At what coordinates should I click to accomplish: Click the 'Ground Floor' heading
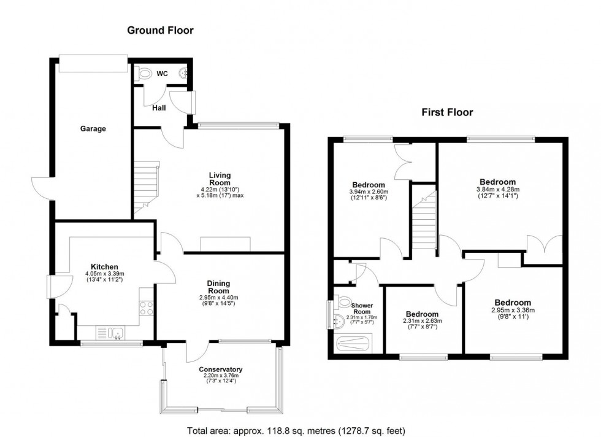(x=160, y=29)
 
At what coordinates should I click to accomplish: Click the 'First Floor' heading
(x=447, y=112)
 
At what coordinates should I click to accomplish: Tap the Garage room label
(x=93, y=129)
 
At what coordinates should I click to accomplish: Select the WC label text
(x=162, y=74)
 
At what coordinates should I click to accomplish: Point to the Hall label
(x=159, y=108)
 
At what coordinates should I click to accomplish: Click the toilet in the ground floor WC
(x=145, y=74)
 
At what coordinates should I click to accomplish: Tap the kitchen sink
(x=116, y=333)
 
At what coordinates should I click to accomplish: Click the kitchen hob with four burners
(x=146, y=308)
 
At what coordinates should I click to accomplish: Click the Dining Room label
(x=218, y=287)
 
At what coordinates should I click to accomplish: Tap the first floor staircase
(x=423, y=221)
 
